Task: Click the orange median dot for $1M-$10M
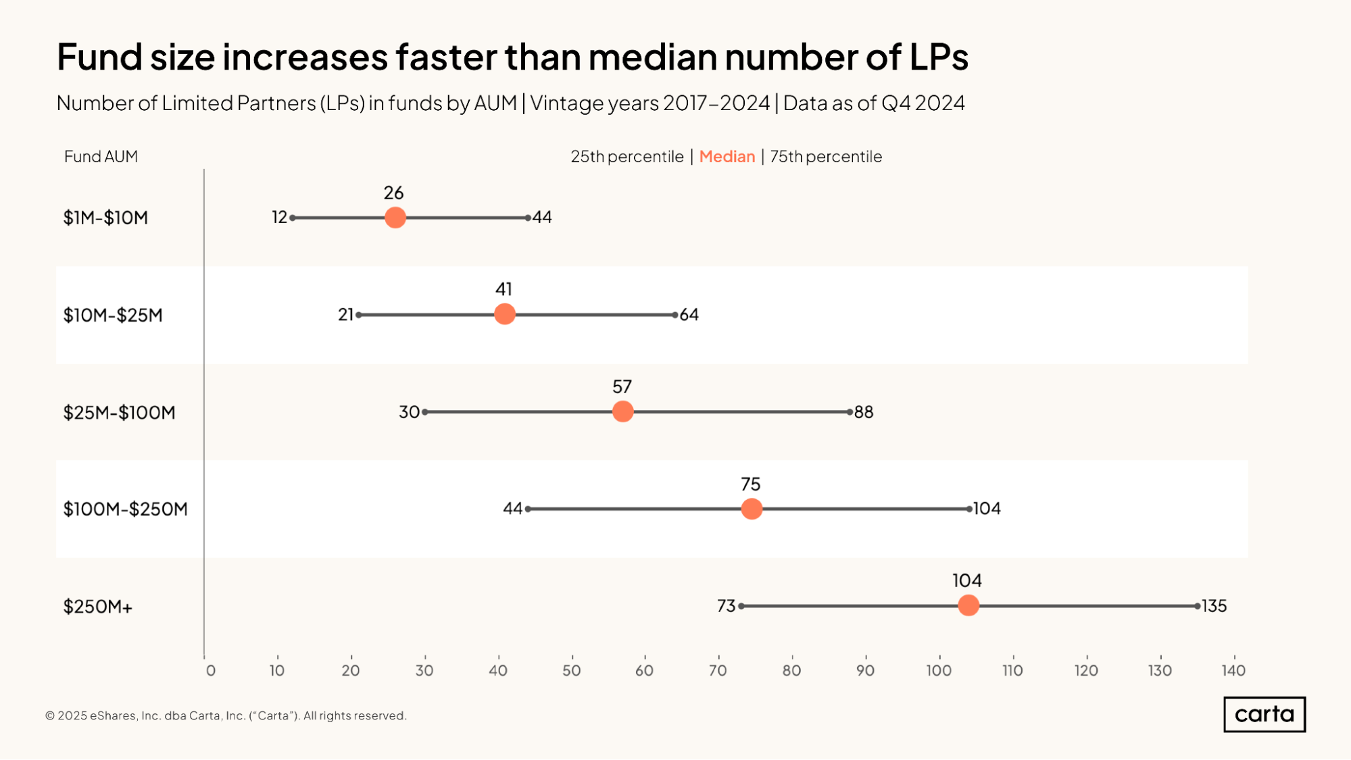[x=395, y=218]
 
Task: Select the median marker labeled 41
[x=505, y=314]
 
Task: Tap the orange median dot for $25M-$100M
[x=622, y=411]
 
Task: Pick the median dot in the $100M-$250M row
[x=752, y=509]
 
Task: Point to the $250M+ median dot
[x=968, y=605]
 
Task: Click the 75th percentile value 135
[x=1214, y=606]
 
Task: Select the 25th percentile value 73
[x=726, y=606]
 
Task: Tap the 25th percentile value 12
[x=279, y=218]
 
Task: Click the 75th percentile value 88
[x=864, y=412]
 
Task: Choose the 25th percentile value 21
[x=345, y=315]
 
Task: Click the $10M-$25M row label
[x=113, y=315]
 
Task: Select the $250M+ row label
[x=98, y=607]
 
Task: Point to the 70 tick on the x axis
[x=718, y=670]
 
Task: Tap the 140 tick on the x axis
[x=1233, y=670]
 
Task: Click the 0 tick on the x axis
[x=211, y=670]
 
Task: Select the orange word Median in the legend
[x=727, y=157]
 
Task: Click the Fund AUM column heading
[x=101, y=157]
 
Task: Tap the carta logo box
[x=1264, y=714]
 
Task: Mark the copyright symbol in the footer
[x=50, y=716]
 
